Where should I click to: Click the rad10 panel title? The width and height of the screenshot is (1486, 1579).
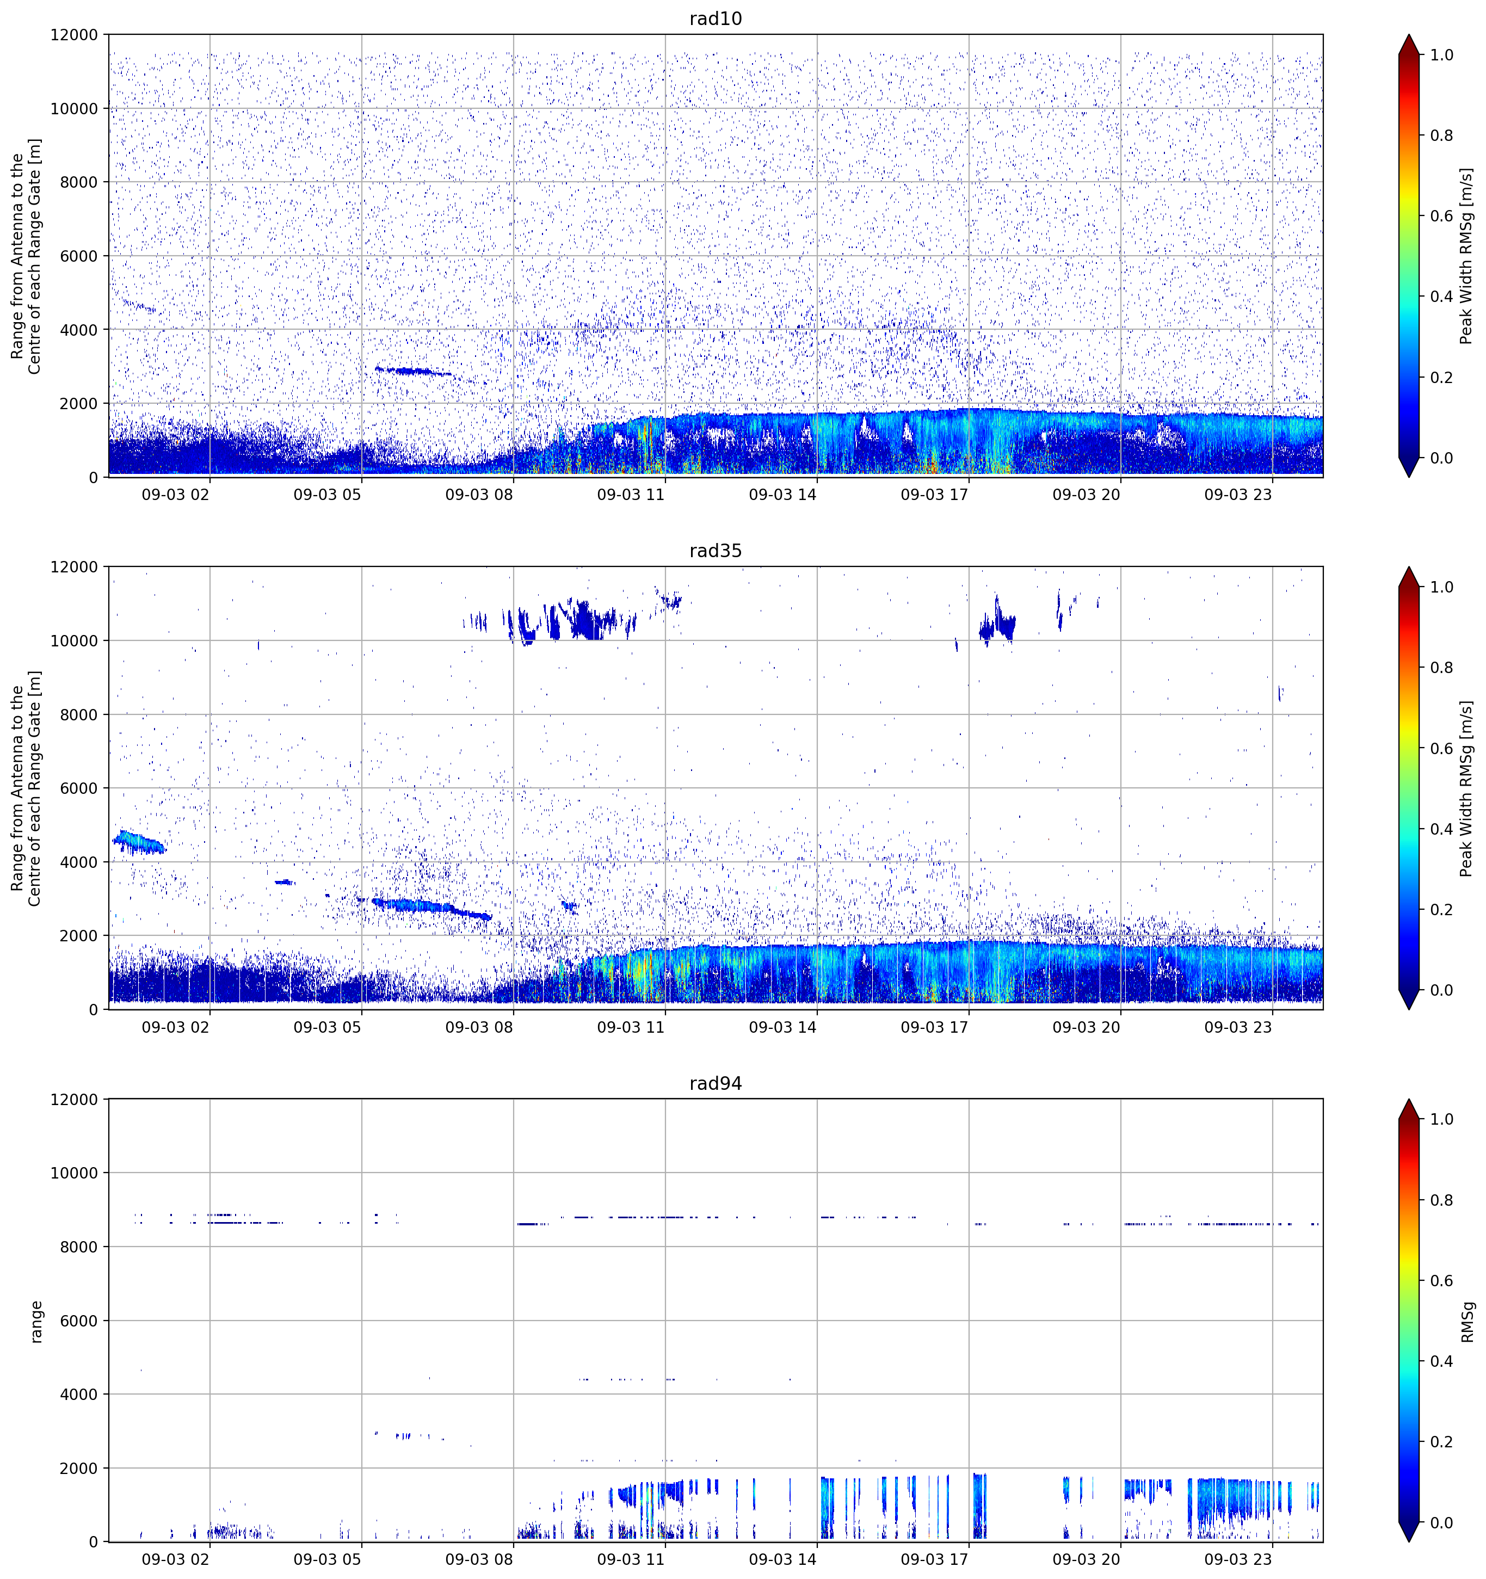715,18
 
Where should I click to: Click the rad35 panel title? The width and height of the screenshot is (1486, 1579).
715,551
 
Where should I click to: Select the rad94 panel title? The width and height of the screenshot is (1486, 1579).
715,1083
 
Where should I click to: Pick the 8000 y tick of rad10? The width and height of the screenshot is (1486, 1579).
79,182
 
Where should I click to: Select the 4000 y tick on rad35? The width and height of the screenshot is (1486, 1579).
79,862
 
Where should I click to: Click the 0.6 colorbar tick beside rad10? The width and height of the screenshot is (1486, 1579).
1441,216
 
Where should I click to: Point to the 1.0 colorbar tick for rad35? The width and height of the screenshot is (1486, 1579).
1441,587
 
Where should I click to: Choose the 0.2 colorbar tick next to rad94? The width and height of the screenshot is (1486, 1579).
1441,1441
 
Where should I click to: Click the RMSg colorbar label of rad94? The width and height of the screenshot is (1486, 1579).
1467,1322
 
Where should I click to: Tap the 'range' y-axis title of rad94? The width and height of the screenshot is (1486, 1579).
36,1322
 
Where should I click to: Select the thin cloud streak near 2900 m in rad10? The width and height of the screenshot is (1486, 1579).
413,371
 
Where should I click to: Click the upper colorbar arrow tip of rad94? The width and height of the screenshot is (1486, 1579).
1408,1099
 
